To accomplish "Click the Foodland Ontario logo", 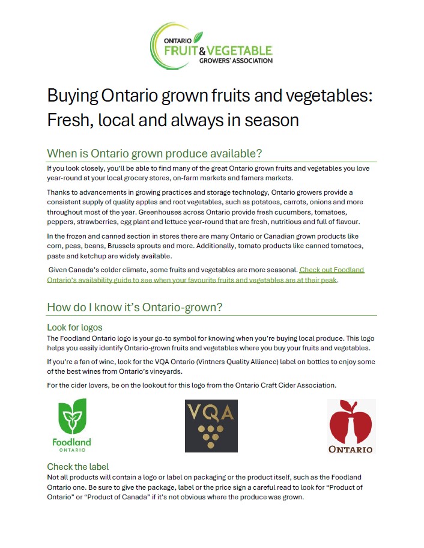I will [x=71, y=425].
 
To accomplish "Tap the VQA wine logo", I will [x=211, y=425].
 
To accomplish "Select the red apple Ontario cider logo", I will [x=351, y=425].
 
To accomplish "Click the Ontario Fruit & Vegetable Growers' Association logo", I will [x=211, y=47].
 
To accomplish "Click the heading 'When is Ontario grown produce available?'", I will [x=154, y=153].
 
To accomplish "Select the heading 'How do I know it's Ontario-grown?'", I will [x=135, y=307].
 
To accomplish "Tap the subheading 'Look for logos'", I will [x=74, y=327].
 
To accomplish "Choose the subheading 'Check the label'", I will [x=77, y=467].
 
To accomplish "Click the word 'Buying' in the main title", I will [x=73, y=96].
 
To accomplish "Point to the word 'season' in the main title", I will [x=269, y=120].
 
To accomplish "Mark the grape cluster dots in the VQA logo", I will [x=211, y=436].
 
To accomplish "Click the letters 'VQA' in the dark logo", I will [x=211, y=413].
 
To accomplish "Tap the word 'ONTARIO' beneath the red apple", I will [x=351, y=449].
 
